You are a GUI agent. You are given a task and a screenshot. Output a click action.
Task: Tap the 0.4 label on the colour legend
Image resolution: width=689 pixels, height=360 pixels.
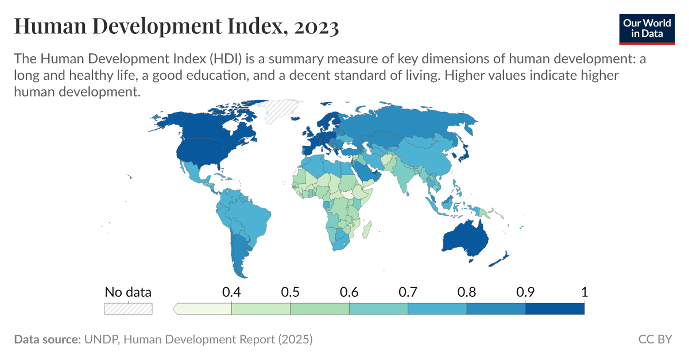tap(231, 292)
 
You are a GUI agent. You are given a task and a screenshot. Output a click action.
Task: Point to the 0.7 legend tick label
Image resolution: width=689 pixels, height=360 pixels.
tap(408, 292)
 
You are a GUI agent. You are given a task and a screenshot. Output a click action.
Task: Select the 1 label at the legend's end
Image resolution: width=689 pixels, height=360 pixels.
tap(584, 292)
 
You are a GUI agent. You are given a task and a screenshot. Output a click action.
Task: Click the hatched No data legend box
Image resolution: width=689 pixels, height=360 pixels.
tap(128, 309)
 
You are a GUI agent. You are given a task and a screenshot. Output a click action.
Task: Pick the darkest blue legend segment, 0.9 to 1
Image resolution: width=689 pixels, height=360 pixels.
tap(555, 309)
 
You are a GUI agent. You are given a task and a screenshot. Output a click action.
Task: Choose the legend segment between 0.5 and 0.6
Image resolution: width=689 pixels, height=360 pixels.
tap(319, 309)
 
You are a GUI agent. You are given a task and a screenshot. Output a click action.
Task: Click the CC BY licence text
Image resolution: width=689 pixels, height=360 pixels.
tap(655, 339)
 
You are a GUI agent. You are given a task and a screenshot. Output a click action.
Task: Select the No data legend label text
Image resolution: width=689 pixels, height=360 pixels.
tap(128, 292)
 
